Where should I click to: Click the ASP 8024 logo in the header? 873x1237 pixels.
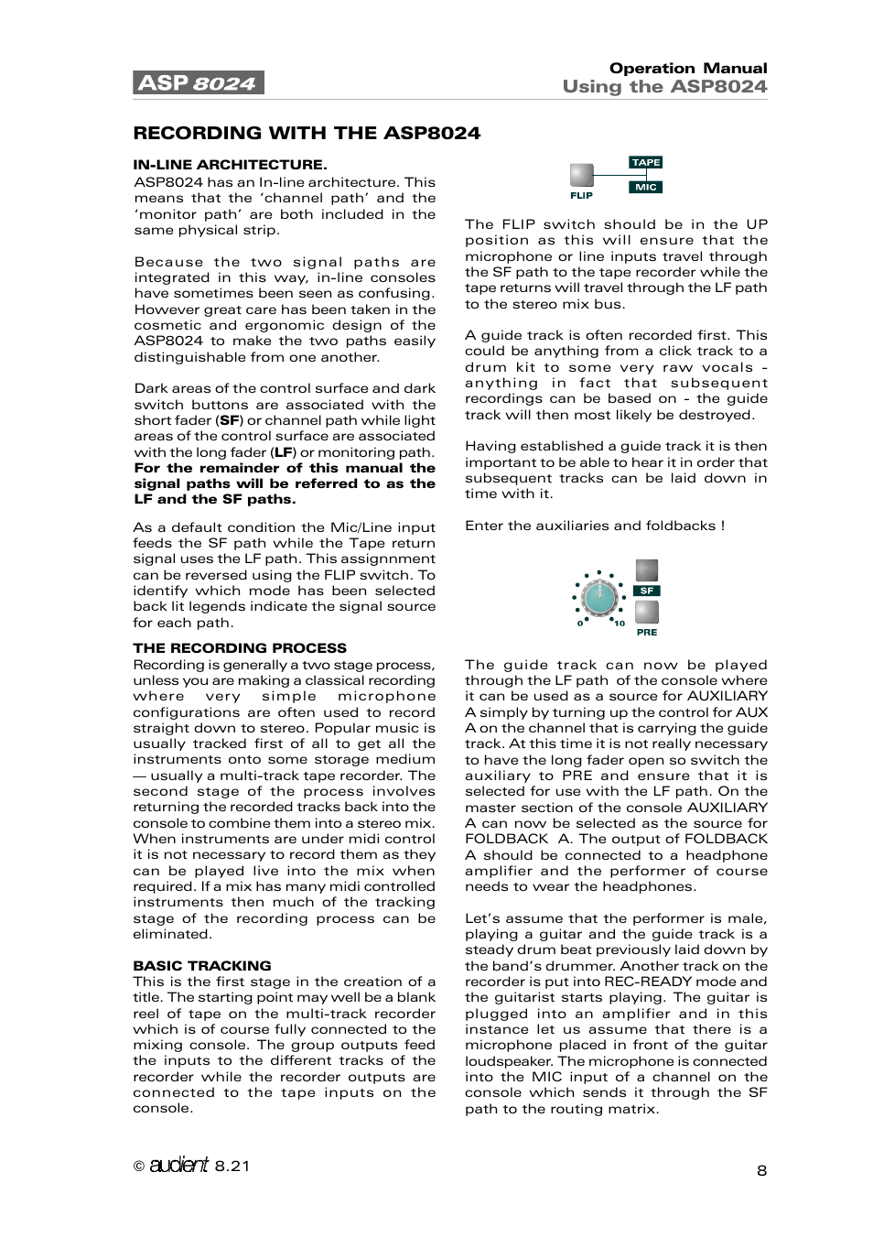(199, 83)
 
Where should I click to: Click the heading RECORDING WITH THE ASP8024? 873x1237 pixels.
(307, 134)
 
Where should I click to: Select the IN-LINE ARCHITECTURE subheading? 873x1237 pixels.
(230, 165)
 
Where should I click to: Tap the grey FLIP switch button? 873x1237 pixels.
(581, 175)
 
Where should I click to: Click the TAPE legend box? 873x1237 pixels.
(646, 162)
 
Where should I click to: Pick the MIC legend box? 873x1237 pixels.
(646, 187)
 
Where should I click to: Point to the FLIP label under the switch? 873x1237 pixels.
(581, 196)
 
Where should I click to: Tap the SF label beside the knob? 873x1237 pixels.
(647, 591)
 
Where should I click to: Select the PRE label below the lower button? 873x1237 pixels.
(647, 633)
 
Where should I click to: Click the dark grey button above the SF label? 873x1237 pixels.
(647, 570)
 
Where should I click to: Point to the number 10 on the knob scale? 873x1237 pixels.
(620, 624)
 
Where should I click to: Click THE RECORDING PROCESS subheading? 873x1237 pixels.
(240, 648)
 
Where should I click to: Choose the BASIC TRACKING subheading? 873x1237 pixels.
(202, 966)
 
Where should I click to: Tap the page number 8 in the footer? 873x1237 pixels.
(761, 1170)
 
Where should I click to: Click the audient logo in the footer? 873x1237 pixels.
(179, 1165)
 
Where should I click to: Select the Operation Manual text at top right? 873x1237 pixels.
(688, 69)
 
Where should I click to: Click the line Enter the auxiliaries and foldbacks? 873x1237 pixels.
(594, 526)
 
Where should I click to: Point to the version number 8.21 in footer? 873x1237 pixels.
(232, 1166)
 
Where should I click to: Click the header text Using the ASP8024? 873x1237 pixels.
(664, 87)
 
